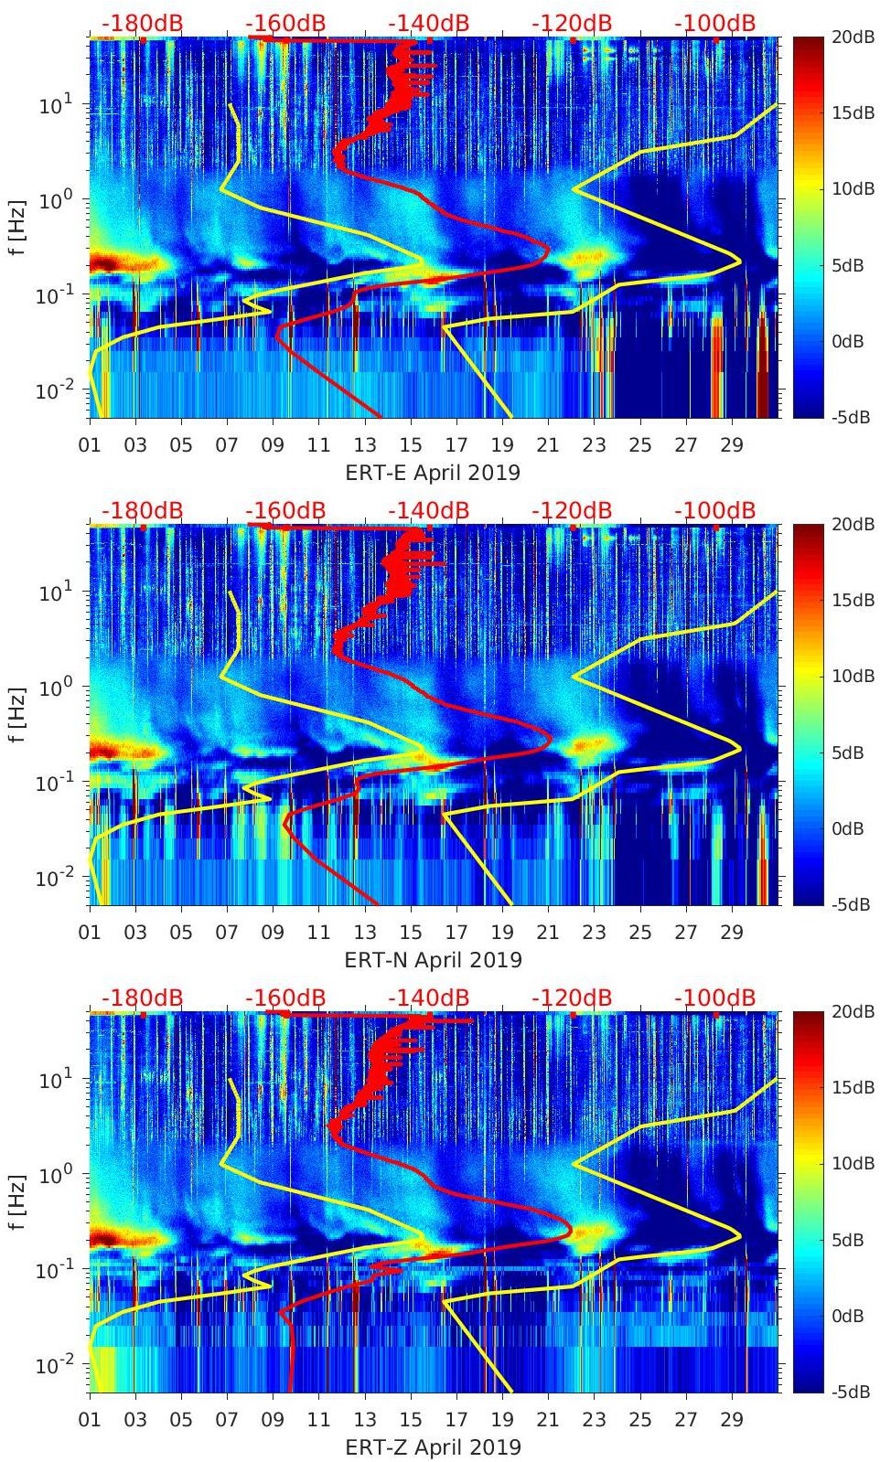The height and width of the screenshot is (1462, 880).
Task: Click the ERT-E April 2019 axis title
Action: click(x=433, y=473)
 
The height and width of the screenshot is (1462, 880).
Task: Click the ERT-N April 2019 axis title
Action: click(x=433, y=960)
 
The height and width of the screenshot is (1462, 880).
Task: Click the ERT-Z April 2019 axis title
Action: click(x=433, y=1447)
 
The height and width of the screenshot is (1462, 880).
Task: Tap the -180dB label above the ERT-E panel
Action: click(x=142, y=23)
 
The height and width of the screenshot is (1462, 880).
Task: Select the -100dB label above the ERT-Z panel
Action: click(x=715, y=998)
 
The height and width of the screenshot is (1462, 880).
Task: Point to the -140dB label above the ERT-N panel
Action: click(x=428, y=510)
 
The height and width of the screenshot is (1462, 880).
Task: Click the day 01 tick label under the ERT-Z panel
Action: click(x=90, y=1420)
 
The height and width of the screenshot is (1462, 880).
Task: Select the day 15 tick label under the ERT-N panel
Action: click(x=410, y=933)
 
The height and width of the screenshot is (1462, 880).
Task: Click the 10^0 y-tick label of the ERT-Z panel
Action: click(x=53, y=1173)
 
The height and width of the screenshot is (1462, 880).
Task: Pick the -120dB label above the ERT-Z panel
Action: click(x=572, y=998)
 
